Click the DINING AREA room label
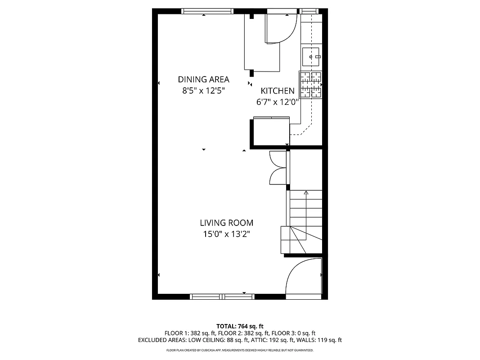tap(203, 80)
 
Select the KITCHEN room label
tap(278, 91)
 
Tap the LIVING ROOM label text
tap(226, 223)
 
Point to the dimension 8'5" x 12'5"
tap(203, 90)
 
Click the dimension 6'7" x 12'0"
tap(278, 102)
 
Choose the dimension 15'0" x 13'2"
tap(226, 234)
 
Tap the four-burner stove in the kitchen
tap(311, 85)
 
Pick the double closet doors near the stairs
tap(278, 168)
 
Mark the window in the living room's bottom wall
tap(222, 297)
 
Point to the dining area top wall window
tap(207, 11)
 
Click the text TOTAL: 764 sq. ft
tap(240, 326)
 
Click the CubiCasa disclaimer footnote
tap(240, 350)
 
